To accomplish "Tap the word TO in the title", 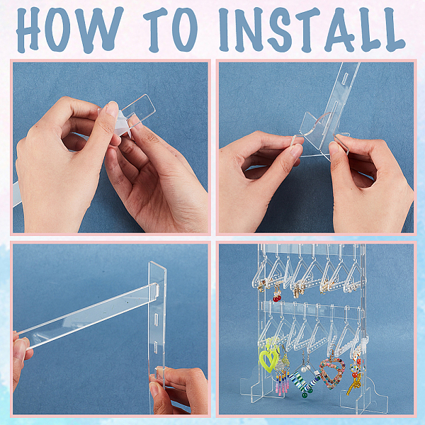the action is pos(170,29).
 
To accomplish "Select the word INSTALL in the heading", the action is pos(312,29).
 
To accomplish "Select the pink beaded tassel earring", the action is pos(283,374).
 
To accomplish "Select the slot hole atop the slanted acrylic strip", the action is pos(345,76).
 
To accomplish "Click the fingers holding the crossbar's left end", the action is pos(21,352).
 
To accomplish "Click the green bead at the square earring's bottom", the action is pos(305,394).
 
